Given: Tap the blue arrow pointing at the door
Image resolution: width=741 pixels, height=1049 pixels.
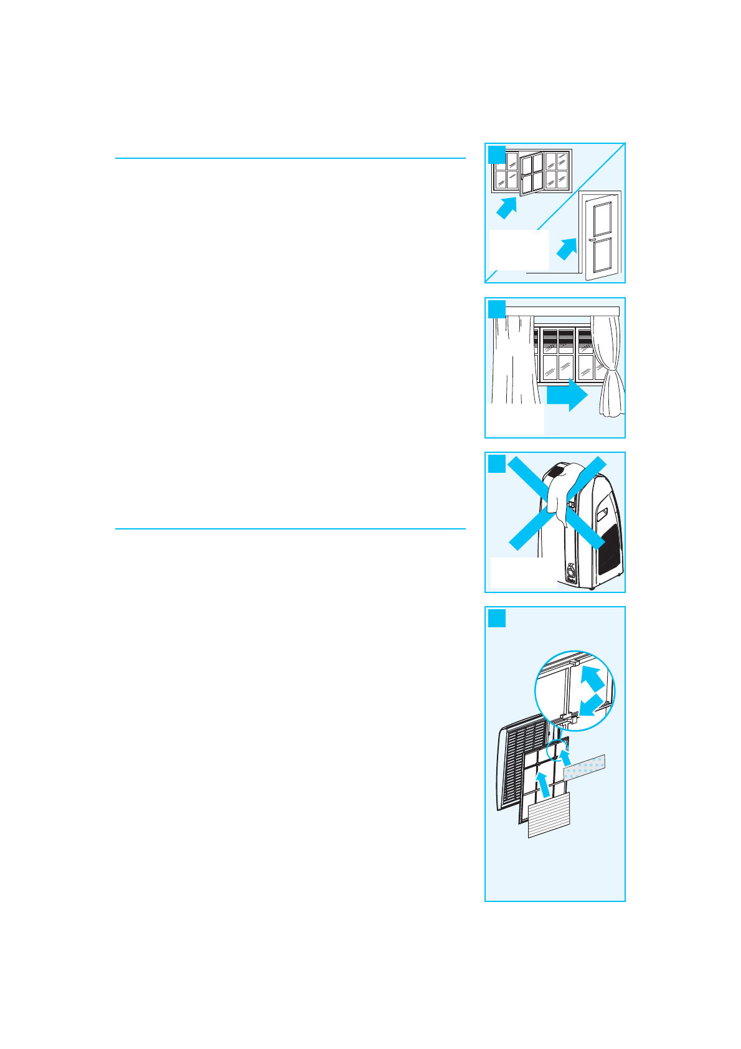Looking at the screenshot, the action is [x=566, y=249].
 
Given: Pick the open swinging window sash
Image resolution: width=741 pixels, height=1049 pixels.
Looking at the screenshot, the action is [x=531, y=175].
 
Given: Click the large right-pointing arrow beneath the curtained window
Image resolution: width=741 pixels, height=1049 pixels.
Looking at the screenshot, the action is [x=567, y=396].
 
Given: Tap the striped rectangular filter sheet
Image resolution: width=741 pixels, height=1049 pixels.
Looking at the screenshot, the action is [x=549, y=815].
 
